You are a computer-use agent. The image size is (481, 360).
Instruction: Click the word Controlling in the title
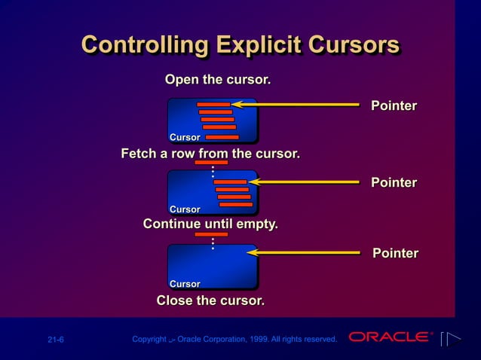point(143,45)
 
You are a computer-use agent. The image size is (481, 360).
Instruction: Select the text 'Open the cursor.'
point(218,80)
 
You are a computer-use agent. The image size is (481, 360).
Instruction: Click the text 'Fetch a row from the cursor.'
point(210,154)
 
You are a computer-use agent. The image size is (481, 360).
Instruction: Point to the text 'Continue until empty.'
point(210,224)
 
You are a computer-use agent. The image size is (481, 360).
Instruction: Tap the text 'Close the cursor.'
point(210,301)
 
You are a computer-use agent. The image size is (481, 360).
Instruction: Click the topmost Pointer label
point(394,106)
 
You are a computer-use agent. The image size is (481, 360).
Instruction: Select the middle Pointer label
point(394,183)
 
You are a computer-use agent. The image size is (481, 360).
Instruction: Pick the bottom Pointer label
point(395,253)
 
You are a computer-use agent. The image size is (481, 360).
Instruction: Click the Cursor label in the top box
point(185,137)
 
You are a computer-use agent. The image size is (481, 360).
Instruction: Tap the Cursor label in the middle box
point(185,209)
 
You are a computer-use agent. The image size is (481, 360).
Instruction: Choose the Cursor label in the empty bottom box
point(185,284)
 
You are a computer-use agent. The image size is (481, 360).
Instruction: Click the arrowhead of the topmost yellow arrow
point(236,104)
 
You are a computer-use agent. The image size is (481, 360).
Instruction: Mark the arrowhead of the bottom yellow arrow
point(253,253)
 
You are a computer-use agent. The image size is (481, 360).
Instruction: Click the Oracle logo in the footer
point(391,337)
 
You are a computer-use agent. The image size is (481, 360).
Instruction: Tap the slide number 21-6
point(56,340)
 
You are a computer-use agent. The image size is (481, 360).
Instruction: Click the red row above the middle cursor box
point(211,162)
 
